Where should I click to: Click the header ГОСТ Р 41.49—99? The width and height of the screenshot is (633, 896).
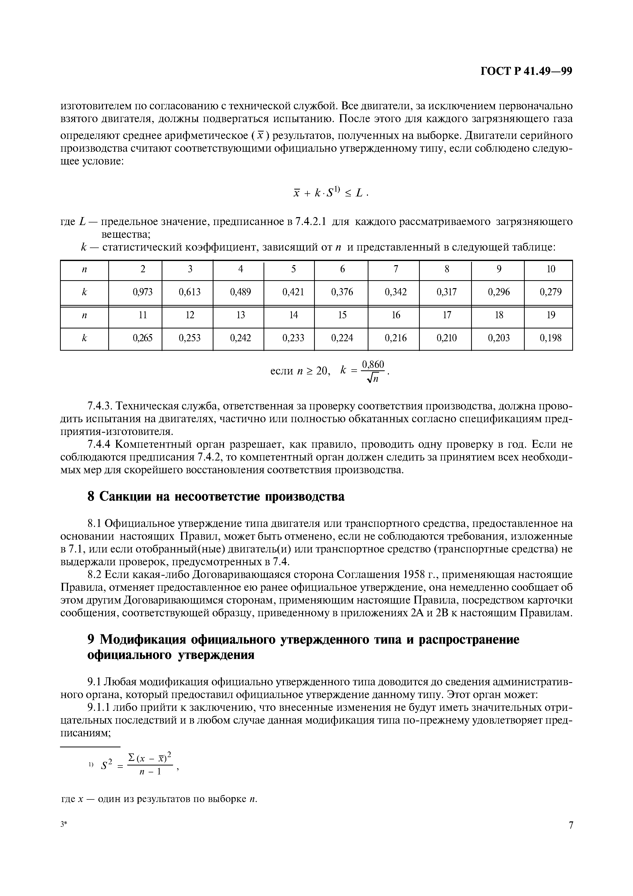(x=526, y=72)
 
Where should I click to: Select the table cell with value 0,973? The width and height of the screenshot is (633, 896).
(x=143, y=292)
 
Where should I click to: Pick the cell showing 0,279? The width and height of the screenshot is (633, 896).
(x=550, y=292)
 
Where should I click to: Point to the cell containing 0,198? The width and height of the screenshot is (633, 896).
(x=550, y=338)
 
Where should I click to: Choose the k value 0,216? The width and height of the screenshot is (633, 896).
(x=396, y=338)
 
